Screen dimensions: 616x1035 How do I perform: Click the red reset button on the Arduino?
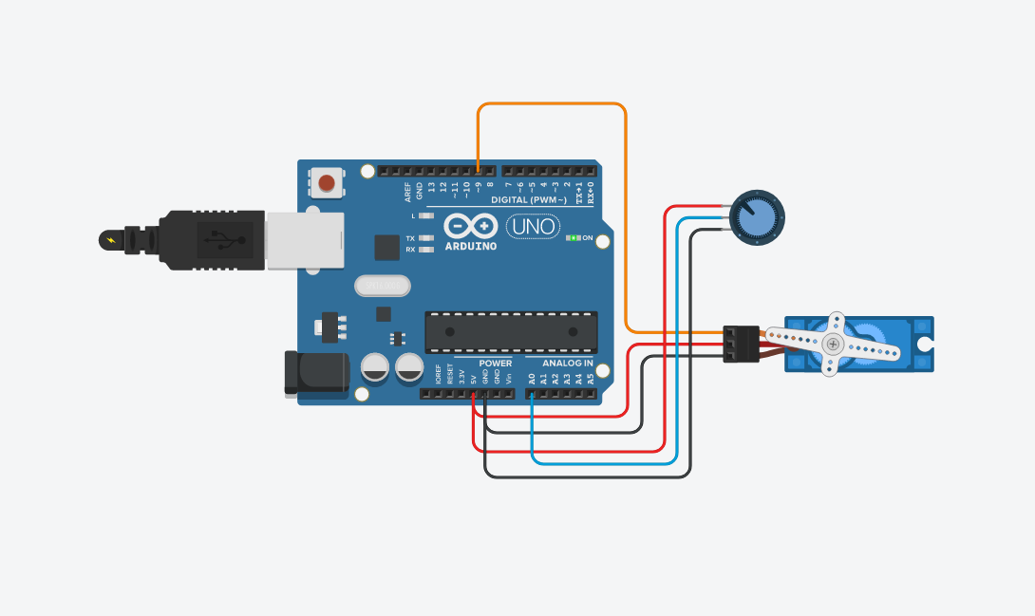(x=327, y=182)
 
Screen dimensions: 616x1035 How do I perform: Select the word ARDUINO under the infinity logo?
(x=471, y=247)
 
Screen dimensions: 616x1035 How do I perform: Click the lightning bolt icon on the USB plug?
(x=114, y=239)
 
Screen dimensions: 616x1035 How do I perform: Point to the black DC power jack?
(x=316, y=372)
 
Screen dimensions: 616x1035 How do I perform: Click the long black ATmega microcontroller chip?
(x=511, y=331)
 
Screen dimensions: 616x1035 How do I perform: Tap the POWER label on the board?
(x=495, y=364)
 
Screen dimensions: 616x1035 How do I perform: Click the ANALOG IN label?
(x=567, y=364)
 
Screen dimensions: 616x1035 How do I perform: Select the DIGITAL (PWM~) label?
(x=529, y=200)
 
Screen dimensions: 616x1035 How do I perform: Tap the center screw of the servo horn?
(x=833, y=344)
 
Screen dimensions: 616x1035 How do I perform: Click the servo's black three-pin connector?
(x=741, y=344)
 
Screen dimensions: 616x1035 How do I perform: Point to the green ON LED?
(x=573, y=237)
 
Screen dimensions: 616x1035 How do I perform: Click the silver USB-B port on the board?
(x=304, y=240)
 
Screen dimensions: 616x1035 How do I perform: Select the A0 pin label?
(x=532, y=378)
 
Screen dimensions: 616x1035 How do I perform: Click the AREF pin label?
(x=408, y=193)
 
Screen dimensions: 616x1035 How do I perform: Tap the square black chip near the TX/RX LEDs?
(x=386, y=248)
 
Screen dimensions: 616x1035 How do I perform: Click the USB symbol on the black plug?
(x=225, y=239)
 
